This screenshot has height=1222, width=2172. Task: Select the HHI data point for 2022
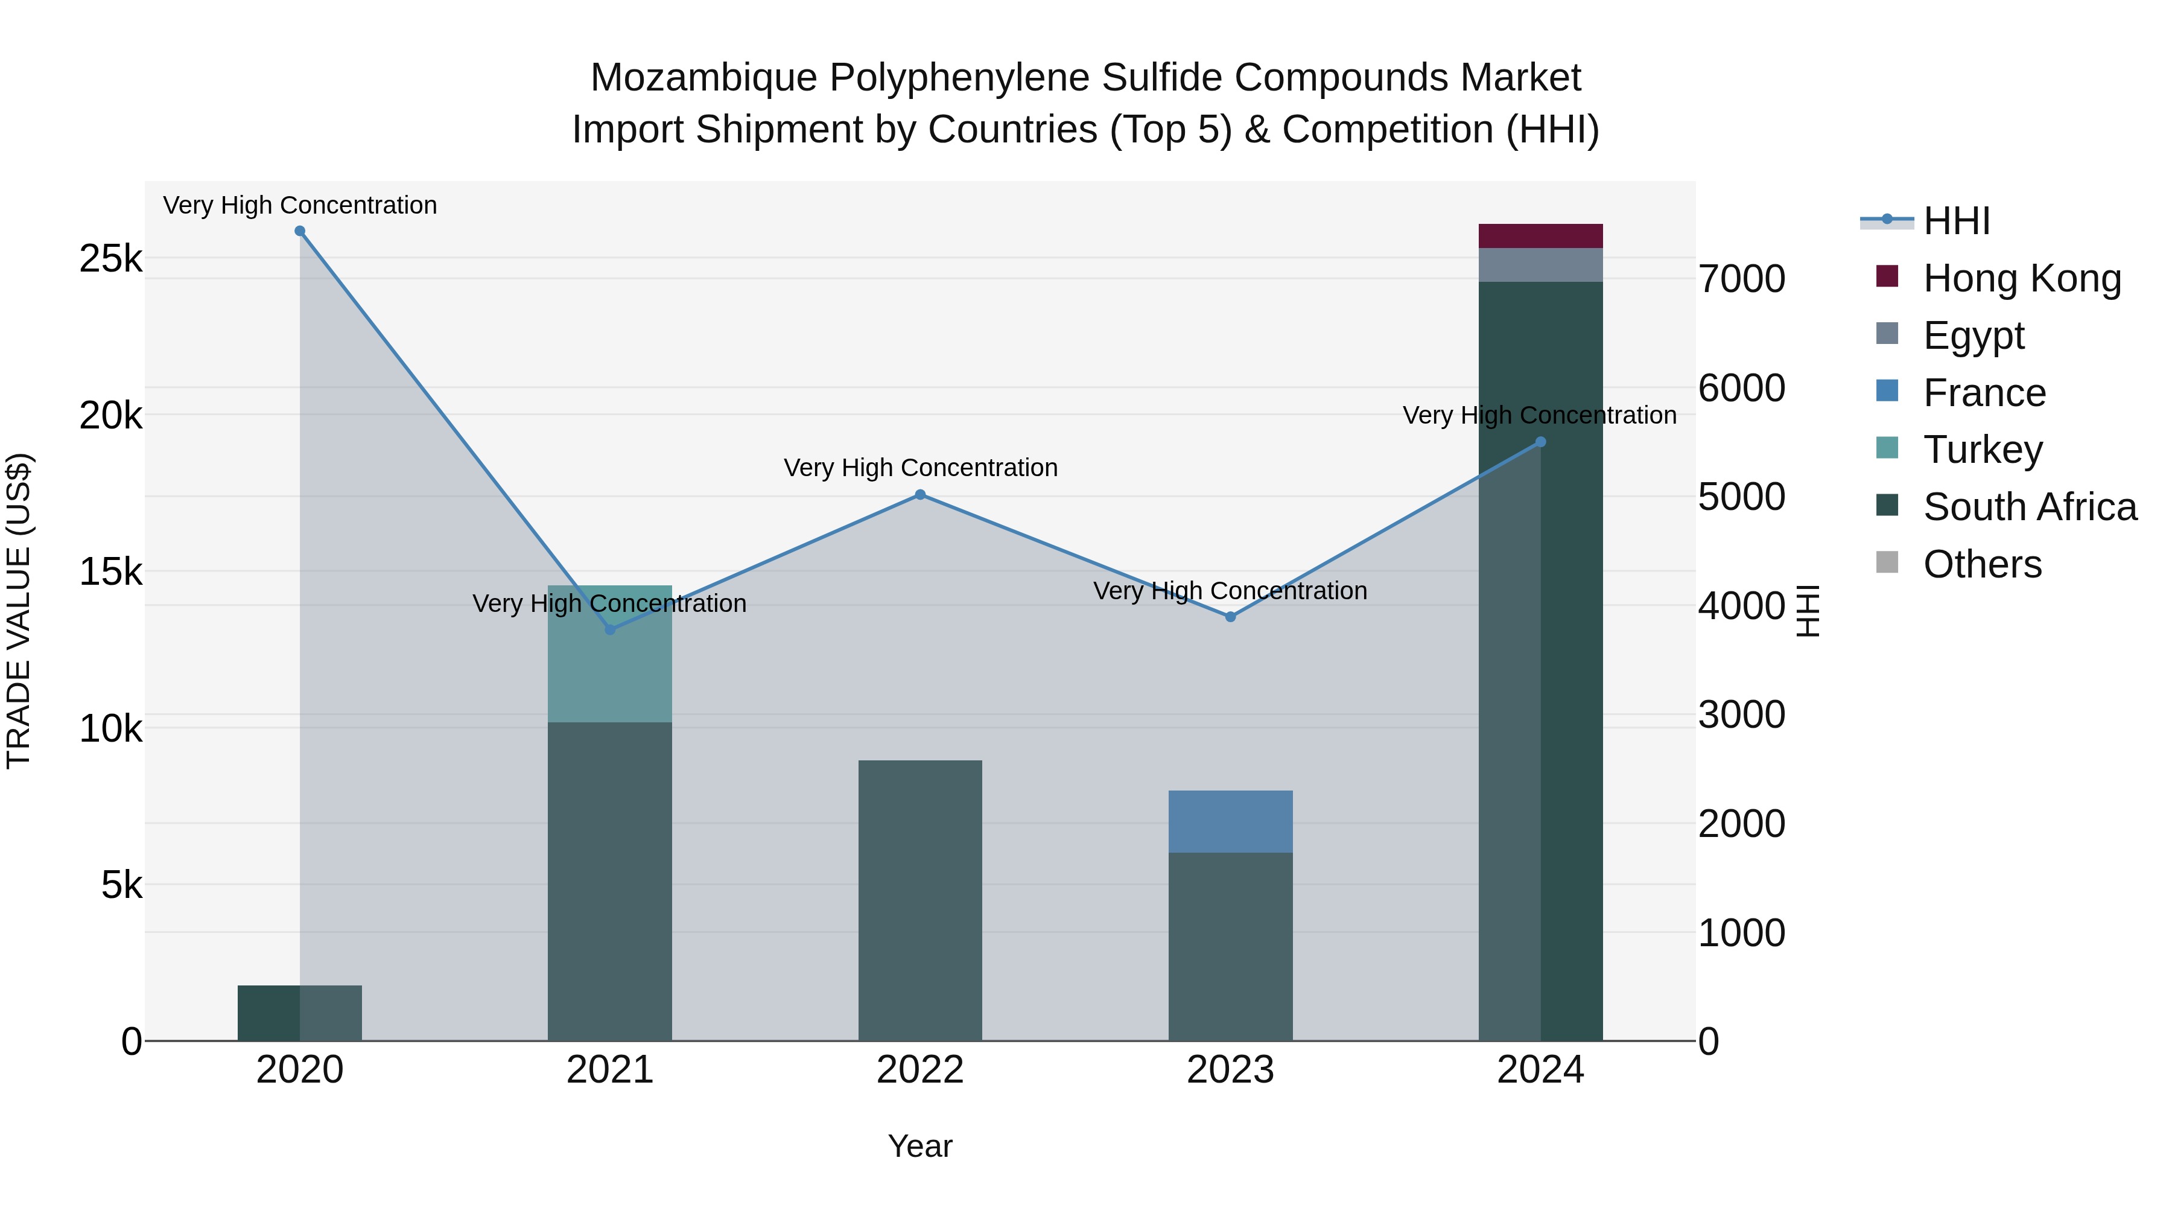[x=920, y=495]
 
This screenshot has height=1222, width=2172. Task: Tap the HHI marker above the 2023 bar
[x=1230, y=617]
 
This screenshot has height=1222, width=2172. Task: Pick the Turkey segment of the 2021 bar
[x=609, y=654]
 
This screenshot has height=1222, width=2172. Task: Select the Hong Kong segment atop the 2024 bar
[x=1540, y=236]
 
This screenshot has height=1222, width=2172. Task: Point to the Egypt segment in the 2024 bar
[x=1540, y=265]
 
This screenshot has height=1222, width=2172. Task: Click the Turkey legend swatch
[x=1887, y=448]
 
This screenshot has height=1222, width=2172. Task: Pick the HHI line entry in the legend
[x=1956, y=221]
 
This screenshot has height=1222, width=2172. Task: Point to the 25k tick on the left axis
[x=110, y=259]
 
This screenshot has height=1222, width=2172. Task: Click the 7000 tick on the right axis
[x=1741, y=279]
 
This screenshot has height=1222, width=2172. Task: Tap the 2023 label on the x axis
[x=1230, y=1070]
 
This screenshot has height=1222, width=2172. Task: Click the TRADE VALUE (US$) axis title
[x=19, y=611]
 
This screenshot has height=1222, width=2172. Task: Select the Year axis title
[x=920, y=1146]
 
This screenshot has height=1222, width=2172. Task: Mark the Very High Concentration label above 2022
[x=920, y=468]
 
